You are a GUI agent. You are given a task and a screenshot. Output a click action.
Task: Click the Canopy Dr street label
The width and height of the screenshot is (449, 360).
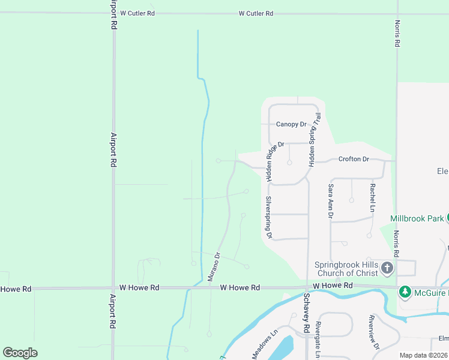click(x=291, y=124)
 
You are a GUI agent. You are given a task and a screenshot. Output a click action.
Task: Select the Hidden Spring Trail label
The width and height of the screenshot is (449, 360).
click(x=315, y=140)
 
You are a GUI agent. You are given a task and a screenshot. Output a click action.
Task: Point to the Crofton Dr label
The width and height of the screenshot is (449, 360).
click(x=354, y=159)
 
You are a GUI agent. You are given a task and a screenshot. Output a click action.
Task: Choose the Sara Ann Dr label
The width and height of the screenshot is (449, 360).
click(x=330, y=201)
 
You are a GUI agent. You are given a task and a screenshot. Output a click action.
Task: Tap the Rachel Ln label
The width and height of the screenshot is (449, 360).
click(x=372, y=197)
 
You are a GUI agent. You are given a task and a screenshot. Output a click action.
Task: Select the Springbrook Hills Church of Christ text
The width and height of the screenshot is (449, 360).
click(x=346, y=269)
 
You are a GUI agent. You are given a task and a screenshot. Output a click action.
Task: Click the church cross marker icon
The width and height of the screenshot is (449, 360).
click(x=387, y=268)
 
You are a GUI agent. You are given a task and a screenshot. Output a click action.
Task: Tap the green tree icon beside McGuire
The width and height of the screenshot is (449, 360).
click(x=405, y=292)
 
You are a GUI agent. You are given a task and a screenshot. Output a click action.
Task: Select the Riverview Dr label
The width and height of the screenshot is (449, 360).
click(x=375, y=338)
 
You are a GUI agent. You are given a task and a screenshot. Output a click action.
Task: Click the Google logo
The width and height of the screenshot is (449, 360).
click(x=20, y=353)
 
